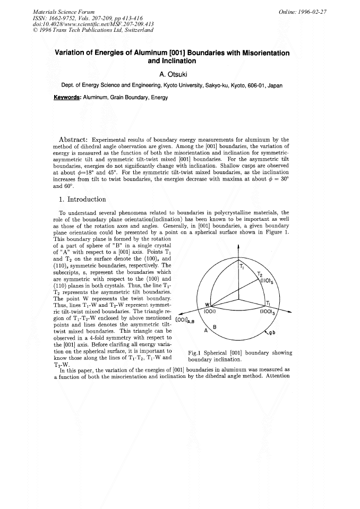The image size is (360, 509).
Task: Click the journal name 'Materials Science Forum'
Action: [64, 12]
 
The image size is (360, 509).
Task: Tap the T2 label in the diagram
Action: [260, 274]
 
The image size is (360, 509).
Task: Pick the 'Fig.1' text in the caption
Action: [196, 353]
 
